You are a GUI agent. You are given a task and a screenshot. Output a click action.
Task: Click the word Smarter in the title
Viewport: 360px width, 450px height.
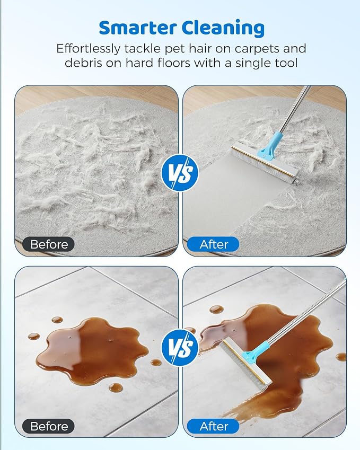pyautogui.click(x=137, y=28)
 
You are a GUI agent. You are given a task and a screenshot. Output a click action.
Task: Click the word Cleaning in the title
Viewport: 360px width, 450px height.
pyautogui.click(x=223, y=29)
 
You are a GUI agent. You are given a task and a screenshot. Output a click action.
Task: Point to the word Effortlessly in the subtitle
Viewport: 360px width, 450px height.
pyautogui.click(x=88, y=49)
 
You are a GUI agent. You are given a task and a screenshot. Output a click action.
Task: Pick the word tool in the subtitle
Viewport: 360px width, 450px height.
pyautogui.click(x=286, y=63)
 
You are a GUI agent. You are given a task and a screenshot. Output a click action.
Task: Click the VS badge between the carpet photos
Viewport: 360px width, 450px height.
pyautogui.click(x=180, y=173)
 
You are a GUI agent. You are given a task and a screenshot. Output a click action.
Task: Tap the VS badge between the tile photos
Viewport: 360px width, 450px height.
pyautogui.click(x=180, y=347)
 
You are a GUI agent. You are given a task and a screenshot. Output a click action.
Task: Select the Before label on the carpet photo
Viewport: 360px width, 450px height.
pyautogui.click(x=49, y=244)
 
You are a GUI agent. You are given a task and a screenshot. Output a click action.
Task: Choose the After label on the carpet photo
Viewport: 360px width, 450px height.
pyautogui.click(x=213, y=244)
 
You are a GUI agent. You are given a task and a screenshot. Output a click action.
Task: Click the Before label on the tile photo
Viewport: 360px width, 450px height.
pyautogui.click(x=49, y=426)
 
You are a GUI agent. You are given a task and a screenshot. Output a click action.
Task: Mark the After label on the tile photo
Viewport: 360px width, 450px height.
pyautogui.click(x=213, y=426)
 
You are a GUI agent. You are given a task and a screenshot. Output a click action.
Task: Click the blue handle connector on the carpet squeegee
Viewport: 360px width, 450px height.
pyautogui.click(x=270, y=145)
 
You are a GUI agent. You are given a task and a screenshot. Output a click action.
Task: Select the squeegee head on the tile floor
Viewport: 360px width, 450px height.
pyautogui.click(x=245, y=363)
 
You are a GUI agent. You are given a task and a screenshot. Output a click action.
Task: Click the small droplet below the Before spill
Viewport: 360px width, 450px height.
pyautogui.click(x=116, y=387)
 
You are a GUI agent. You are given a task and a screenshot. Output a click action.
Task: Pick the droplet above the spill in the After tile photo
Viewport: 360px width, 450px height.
pyautogui.click(x=217, y=310)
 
